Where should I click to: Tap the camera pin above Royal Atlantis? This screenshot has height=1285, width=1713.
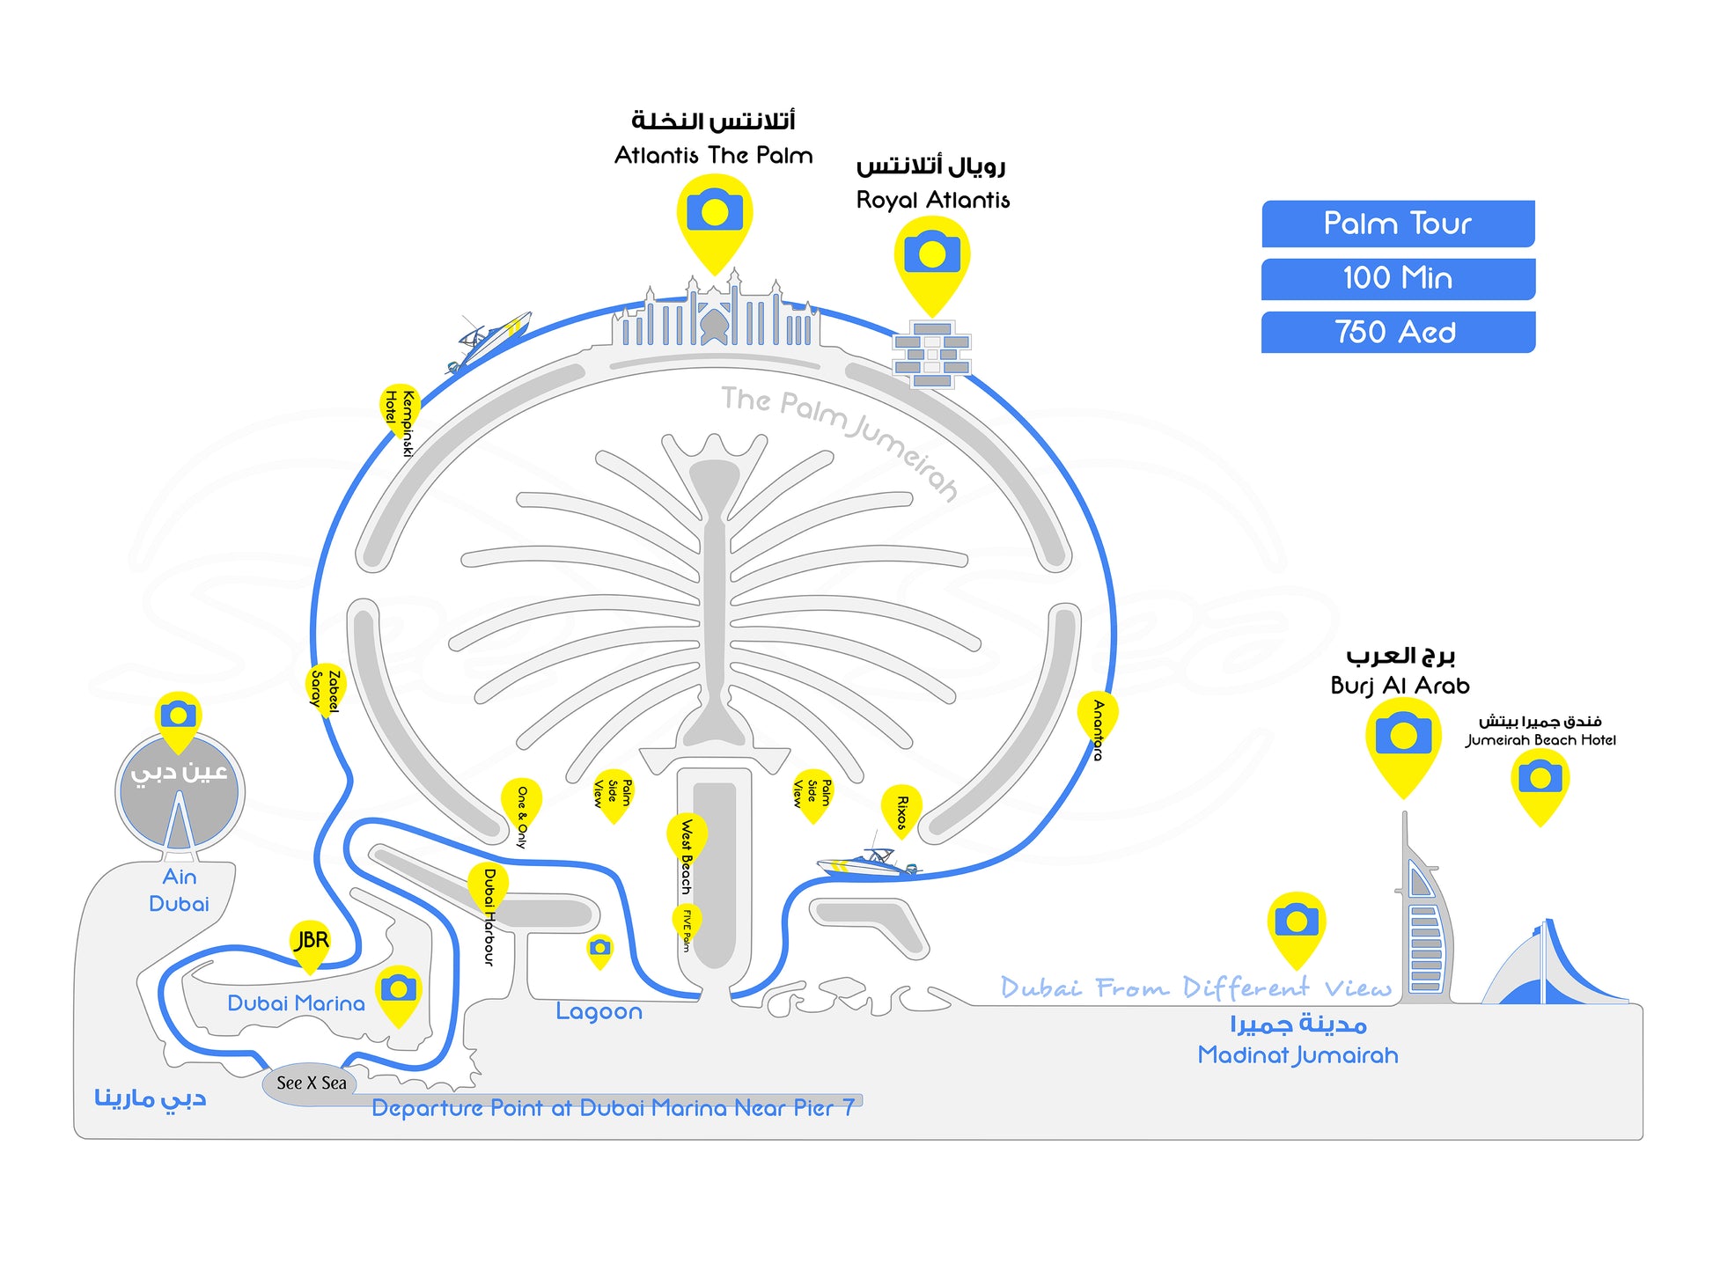click(932, 256)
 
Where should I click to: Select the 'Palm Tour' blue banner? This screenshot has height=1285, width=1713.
click(1397, 224)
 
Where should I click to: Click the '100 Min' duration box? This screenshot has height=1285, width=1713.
click(1397, 278)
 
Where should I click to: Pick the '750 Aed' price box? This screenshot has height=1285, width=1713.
click(1397, 332)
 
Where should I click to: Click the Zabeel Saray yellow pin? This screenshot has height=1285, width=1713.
click(325, 687)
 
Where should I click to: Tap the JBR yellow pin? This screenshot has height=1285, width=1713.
click(310, 943)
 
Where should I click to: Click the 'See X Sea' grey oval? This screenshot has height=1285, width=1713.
click(310, 1083)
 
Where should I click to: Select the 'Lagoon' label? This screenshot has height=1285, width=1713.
click(599, 1011)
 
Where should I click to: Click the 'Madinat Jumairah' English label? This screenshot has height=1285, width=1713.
click(1298, 1054)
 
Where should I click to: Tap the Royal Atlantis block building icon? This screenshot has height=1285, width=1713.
click(932, 354)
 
